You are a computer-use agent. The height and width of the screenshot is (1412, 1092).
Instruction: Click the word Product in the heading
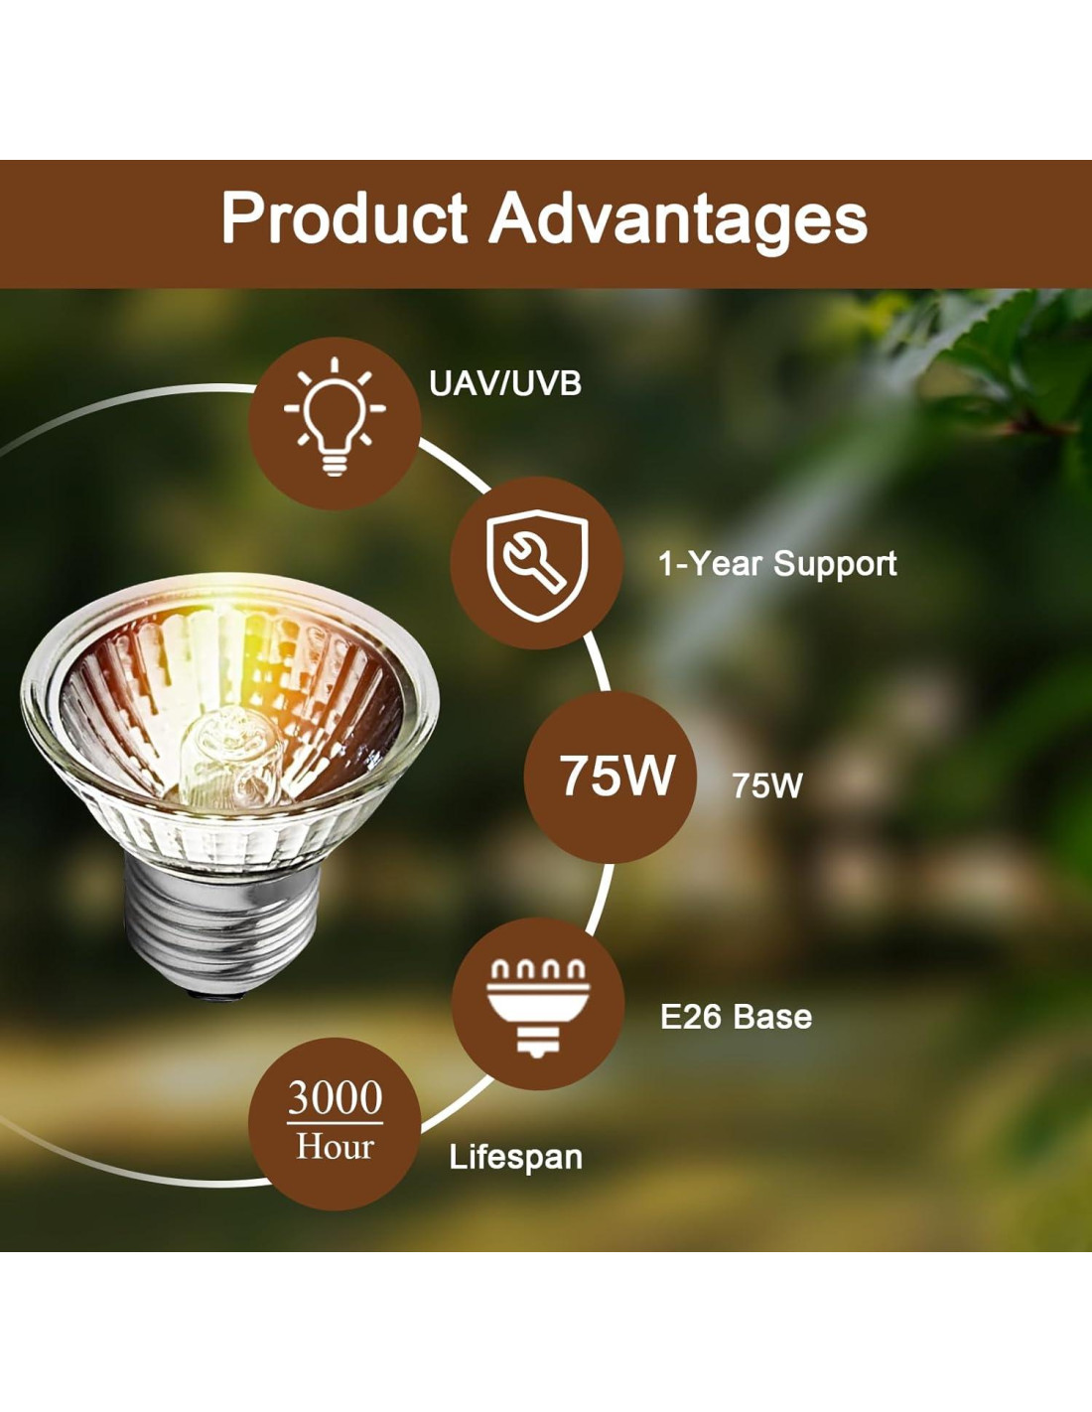(344, 217)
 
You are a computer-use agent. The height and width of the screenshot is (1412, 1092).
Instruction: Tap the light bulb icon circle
(335, 423)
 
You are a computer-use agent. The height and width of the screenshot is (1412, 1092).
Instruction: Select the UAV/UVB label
(504, 383)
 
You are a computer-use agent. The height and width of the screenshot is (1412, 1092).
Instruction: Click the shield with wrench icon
(537, 565)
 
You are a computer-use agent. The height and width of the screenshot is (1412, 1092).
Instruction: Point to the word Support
(835, 564)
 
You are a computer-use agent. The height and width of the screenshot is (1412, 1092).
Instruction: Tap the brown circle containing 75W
(610, 777)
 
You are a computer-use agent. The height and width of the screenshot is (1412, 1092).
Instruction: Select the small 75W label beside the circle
(767, 785)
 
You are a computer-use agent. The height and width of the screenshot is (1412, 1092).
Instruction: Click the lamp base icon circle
(538, 1003)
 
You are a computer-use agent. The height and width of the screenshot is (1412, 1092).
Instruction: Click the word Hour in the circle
(335, 1146)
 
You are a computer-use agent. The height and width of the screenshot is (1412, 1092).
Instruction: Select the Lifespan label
(516, 1157)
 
